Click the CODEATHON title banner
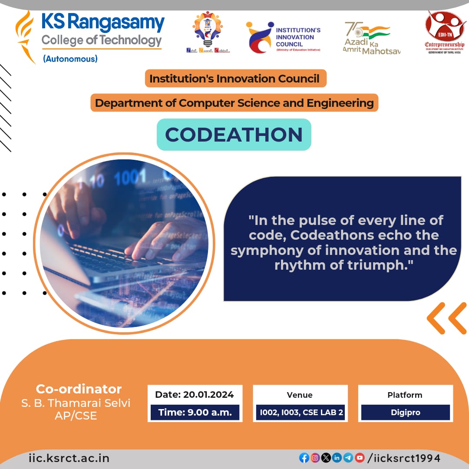(x=234, y=135)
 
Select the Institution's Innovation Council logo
(x=283, y=38)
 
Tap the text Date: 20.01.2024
(x=195, y=395)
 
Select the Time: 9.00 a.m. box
(x=195, y=413)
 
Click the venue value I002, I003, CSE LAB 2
(x=300, y=413)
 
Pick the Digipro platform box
(x=405, y=413)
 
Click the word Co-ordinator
(x=79, y=389)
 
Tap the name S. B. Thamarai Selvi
(x=76, y=403)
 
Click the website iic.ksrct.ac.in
(x=69, y=458)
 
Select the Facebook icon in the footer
(x=304, y=458)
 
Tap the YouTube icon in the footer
(x=360, y=458)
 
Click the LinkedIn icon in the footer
(x=337, y=458)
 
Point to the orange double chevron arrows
(x=446, y=318)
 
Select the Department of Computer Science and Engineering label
(x=234, y=103)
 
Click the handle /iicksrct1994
(x=404, y=458)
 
